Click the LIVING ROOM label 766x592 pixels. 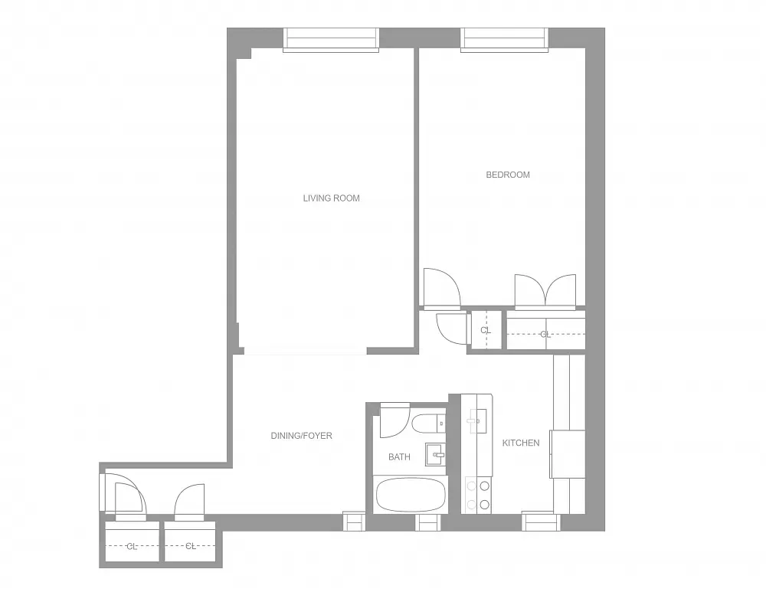(331, 198)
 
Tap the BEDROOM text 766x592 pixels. (508, 175)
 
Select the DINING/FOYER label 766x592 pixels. (301, 436)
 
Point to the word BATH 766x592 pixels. (399, 457)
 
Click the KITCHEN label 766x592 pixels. (521, 443)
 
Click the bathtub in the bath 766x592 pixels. (410, 495)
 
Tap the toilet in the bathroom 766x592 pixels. (426, 423)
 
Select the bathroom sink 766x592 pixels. (435, 454)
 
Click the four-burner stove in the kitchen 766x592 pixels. (478, 494)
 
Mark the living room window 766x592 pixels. (331, 40)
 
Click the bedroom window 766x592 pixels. (506, 40)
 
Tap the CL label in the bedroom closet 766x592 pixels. (545, 335)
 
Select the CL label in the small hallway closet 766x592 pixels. (485, 330)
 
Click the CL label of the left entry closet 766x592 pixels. (132, 546)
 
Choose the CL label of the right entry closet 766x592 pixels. (191, 546)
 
